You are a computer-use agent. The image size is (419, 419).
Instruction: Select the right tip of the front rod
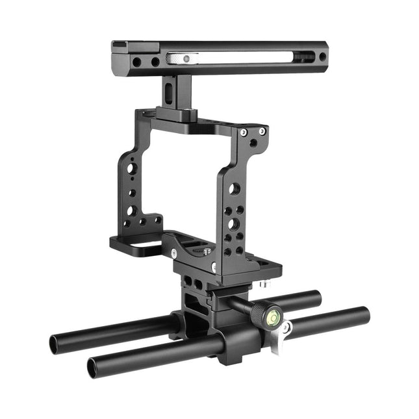pos(366,315)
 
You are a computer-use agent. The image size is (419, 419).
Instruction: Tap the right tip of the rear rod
pos(317,298)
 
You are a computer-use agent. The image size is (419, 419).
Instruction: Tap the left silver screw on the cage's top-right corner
pos(243,133)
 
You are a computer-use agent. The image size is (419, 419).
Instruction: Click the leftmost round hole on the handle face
pos(136,62)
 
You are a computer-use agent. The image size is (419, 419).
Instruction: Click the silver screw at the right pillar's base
pos(214,266)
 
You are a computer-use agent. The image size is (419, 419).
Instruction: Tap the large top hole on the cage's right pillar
pos(235,188)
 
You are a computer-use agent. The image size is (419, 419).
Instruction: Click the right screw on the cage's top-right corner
pos(262,131)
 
